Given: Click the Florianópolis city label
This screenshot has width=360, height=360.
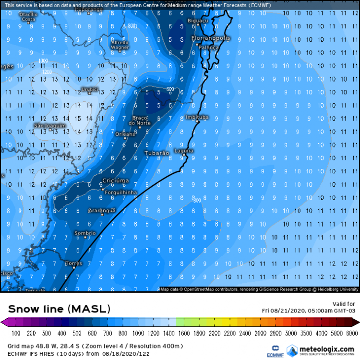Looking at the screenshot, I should pyautogui.click(x=211, y=37).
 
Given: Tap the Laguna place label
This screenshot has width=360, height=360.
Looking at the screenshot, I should pyautogui.click(x=184, y=150).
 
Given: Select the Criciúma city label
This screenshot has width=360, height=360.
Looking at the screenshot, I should pyautogui.click(x=115, y=180).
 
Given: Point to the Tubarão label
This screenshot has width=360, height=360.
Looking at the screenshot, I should pyautogui.click(x=156, y=153).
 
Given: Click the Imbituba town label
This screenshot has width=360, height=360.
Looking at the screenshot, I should pyautogui.click(x=197, y=117).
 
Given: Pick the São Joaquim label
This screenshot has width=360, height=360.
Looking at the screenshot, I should pyautogui.click(x=49, y=125).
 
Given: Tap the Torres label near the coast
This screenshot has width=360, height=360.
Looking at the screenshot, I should pyautogui.click(x=73, y=263).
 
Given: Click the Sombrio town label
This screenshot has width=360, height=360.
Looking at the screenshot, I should pyautogui.click(x=85, y=233).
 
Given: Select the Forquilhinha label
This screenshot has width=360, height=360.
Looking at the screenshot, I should pyautogui.click(x=118, y=192).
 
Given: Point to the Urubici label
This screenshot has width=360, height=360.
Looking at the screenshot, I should pyautogui.click(x=89, y=89).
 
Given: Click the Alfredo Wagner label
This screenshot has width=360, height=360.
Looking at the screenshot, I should pyautogui.click(x=120, y=45).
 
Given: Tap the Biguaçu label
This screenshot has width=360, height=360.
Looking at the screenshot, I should pyautogui.click(x=199, y=21).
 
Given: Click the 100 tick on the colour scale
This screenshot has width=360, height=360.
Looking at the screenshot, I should pyautogui.click(x=16, y=333).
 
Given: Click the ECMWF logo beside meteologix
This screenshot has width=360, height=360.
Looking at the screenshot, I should pyautogui.click(x=276, y=349).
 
